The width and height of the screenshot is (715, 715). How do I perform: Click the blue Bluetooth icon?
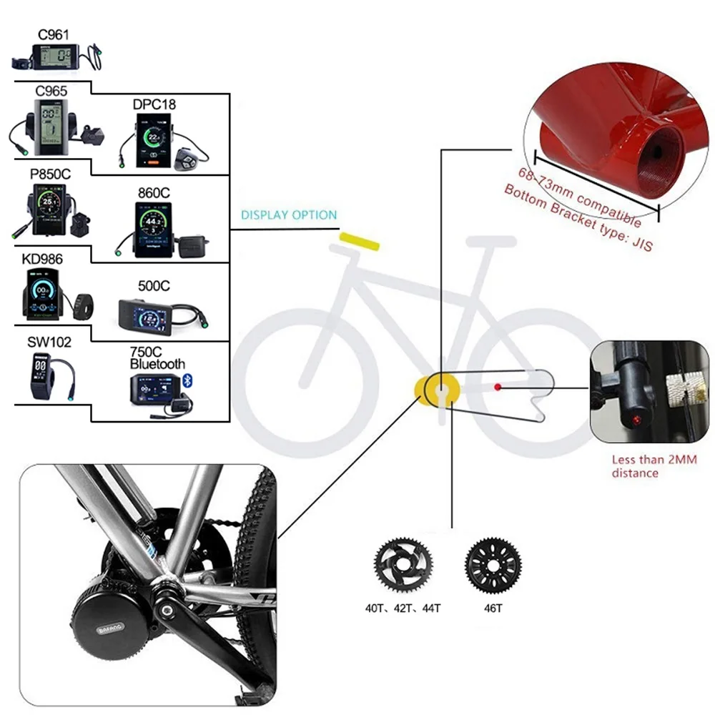[187, 380]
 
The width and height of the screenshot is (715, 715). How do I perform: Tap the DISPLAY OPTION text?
[289, 214]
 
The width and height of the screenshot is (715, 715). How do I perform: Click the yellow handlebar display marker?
[360, 241]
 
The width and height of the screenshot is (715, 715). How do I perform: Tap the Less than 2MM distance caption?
[654, 466]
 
